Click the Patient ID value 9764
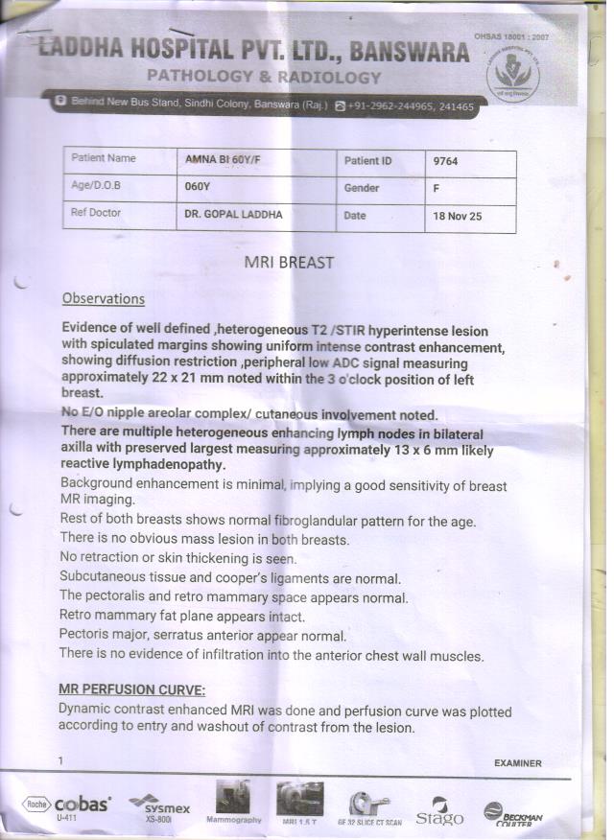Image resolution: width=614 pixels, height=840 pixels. click(446, 162)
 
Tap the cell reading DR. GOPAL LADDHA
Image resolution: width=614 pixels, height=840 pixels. click(233, 215)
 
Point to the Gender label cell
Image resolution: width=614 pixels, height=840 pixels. click(362, 189)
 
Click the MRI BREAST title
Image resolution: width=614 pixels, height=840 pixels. click(290, 262)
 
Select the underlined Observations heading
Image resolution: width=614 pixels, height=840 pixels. click(103, 299)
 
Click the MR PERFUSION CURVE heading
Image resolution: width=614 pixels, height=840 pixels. click(131, 690)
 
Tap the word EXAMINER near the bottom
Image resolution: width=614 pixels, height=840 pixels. click(517, 764)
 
